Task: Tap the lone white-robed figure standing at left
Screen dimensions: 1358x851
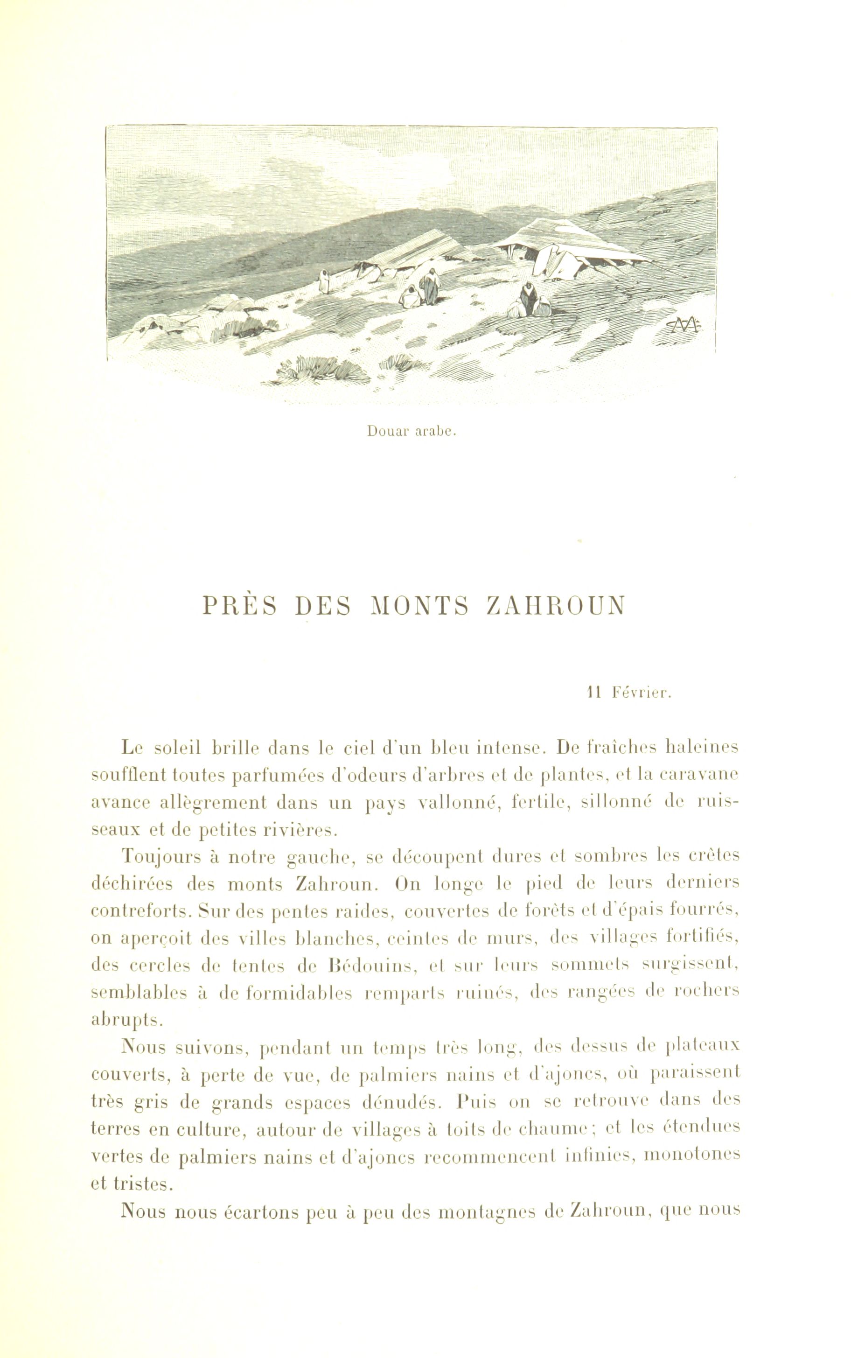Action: click(324, 280)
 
